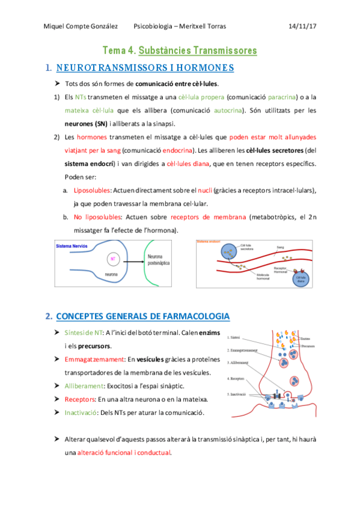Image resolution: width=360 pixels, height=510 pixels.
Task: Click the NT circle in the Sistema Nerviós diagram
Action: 112,260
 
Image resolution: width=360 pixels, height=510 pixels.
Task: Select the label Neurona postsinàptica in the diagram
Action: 158,259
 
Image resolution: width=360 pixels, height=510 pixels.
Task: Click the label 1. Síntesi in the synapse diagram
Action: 235,338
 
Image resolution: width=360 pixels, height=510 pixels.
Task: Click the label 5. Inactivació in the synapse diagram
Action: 239,394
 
